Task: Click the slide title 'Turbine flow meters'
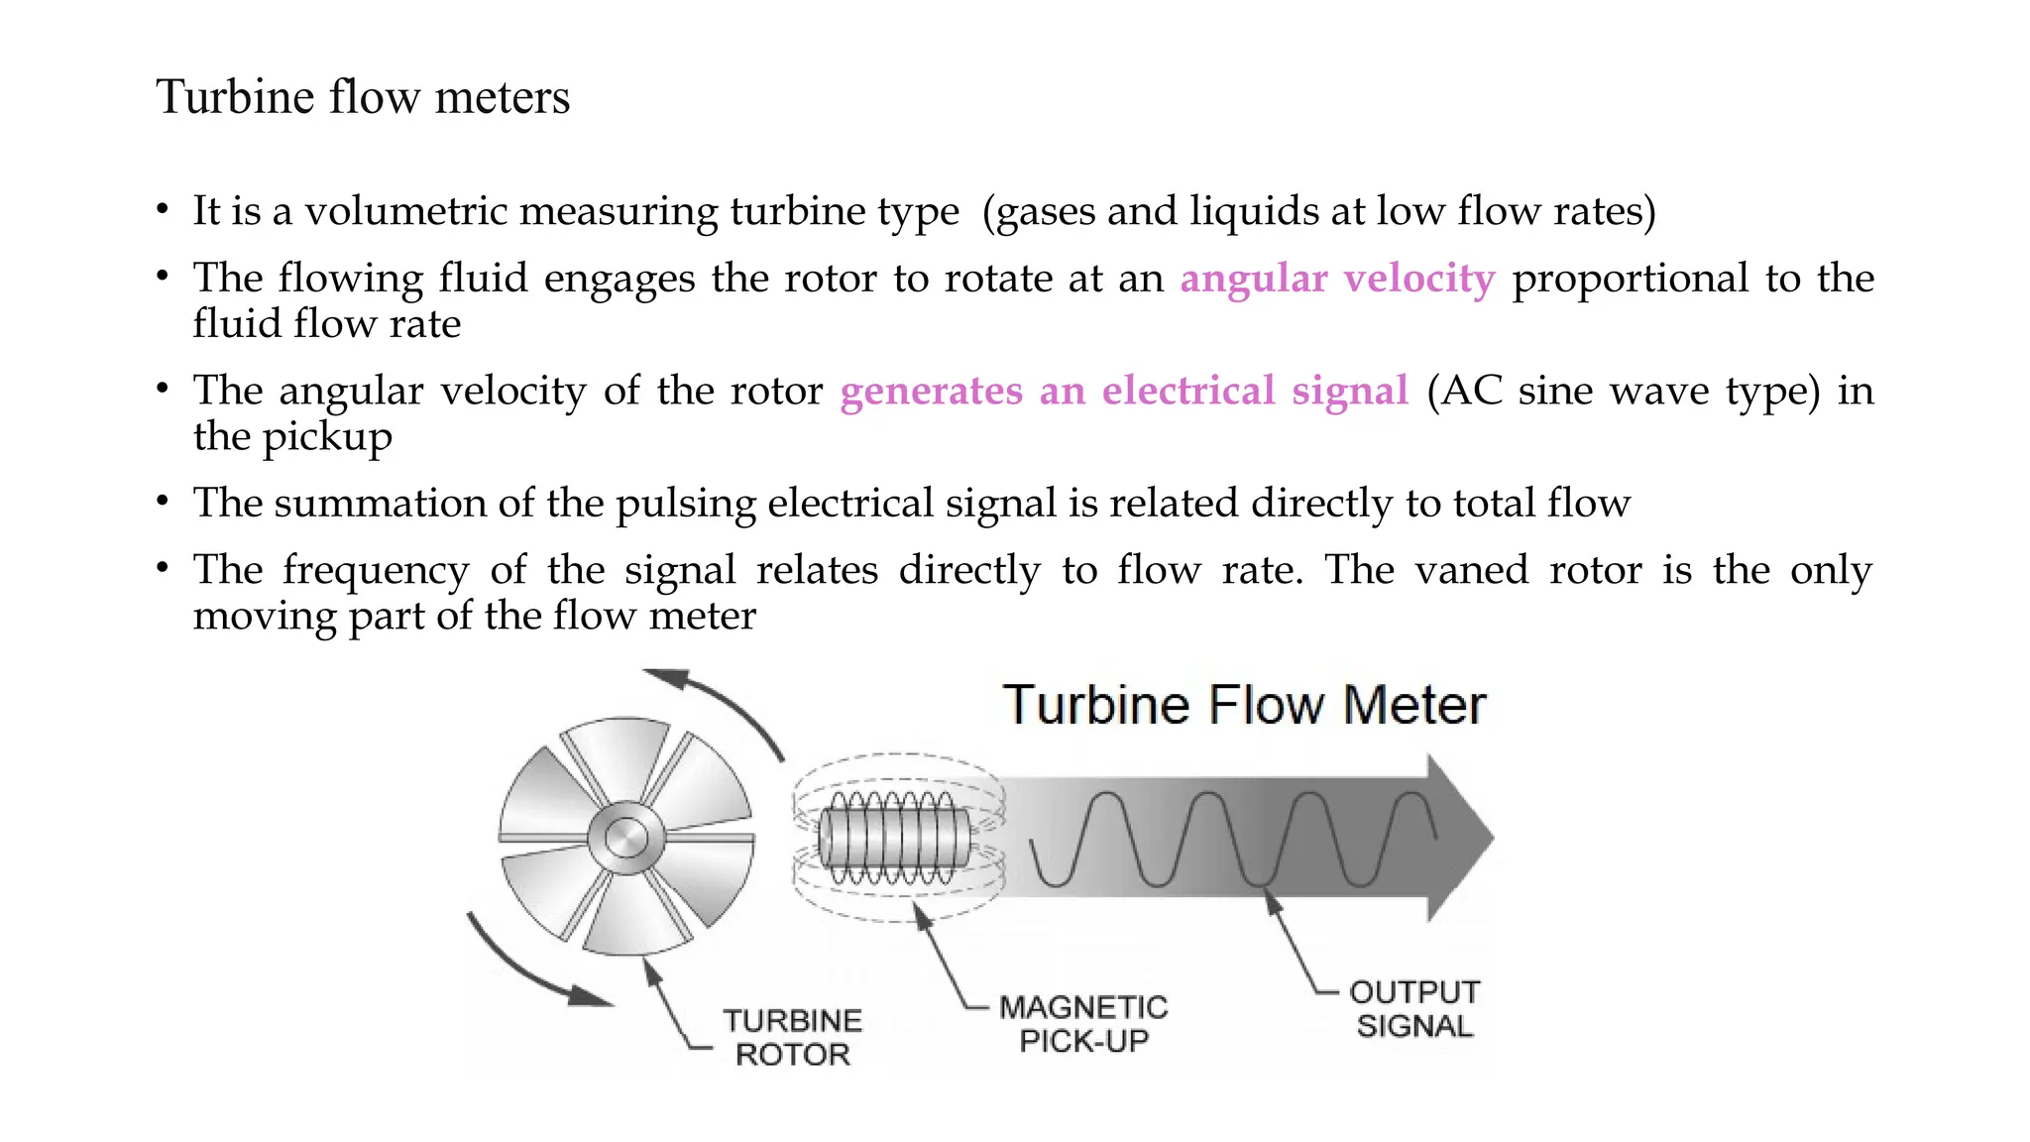363,97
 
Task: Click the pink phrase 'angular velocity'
1337,279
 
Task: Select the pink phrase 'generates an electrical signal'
1124,391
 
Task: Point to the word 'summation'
380,503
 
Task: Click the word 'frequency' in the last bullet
376,570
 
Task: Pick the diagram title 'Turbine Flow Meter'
1244,705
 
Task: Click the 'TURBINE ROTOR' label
792,1037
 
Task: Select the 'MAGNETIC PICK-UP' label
1083,1023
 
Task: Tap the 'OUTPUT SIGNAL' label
1414,1008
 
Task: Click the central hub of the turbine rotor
625,839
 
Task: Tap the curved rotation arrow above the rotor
729,709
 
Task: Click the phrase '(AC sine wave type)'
1624,391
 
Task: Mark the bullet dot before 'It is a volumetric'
162,210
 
